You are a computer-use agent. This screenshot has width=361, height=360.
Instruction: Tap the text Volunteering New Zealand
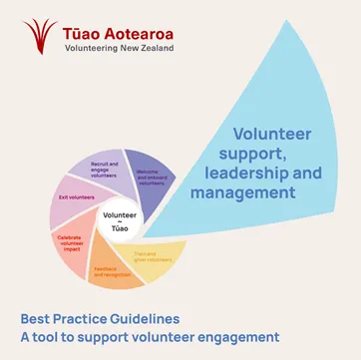coord(118,49)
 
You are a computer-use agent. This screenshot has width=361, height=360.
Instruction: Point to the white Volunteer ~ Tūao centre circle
coord(120,220)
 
